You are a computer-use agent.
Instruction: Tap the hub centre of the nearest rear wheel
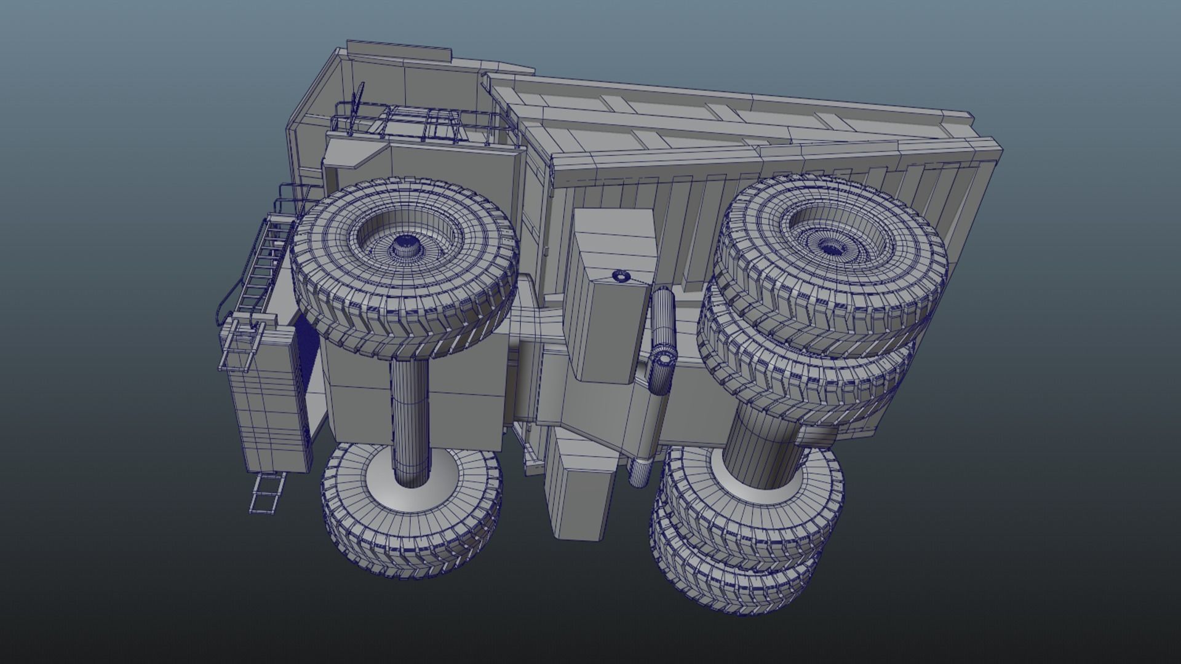(830, 248)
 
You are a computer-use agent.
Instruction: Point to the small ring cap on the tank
(620, 276)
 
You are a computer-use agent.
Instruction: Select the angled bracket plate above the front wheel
(357, 154)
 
